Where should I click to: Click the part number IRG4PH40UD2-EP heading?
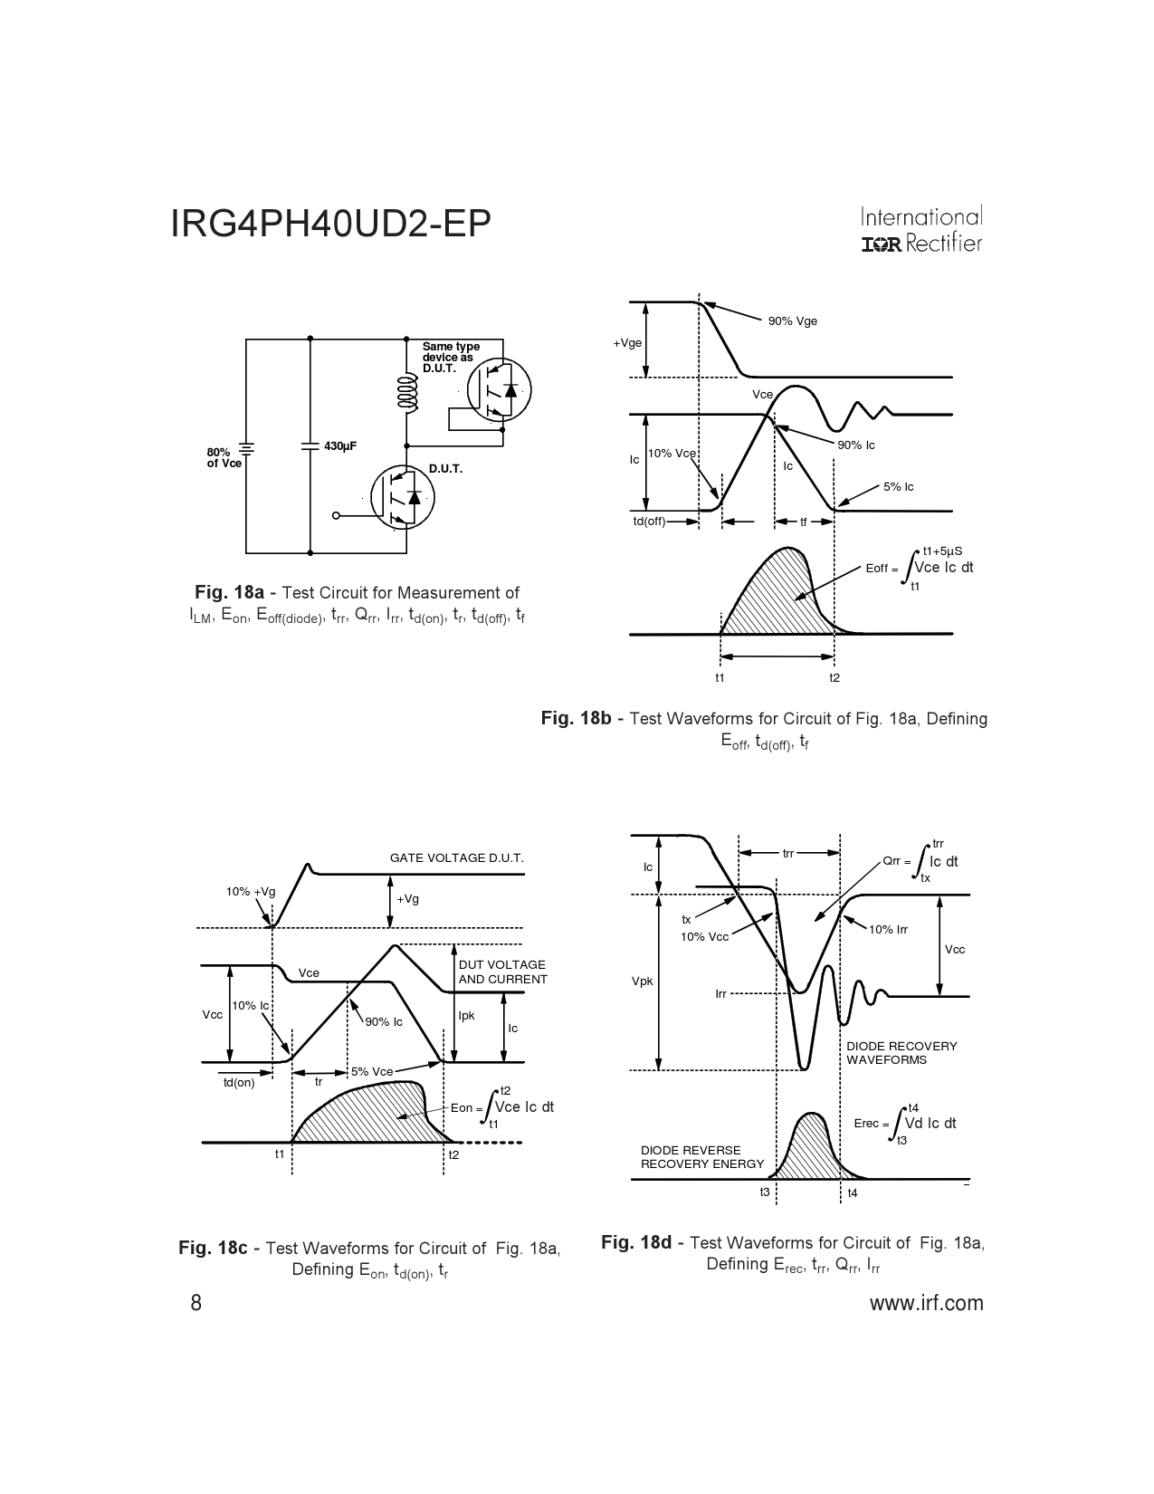point(330,224)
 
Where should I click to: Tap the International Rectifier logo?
point(921,229)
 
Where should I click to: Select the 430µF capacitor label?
point(340,446)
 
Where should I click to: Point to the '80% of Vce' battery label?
point(224,458)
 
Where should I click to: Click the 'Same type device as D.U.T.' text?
point(451,358)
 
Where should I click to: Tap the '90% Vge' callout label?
point(793,321)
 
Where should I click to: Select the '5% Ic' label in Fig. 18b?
point(899,487)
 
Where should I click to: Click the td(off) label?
point(649,522)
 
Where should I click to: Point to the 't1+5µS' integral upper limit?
point(942,551)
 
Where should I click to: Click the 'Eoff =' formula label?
point(882,569)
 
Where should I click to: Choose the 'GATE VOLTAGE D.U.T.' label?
point(457,858)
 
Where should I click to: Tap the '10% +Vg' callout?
point(251,892)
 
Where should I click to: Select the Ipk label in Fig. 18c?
point(467,1016)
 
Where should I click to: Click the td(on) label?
point(239,1083)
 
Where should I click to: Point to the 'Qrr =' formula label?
point(896,861)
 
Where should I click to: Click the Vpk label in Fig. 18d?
point(642,982)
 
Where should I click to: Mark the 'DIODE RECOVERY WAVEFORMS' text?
point(901,1053)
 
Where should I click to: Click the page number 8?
point(196,1303)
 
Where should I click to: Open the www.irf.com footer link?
point(927,1303)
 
